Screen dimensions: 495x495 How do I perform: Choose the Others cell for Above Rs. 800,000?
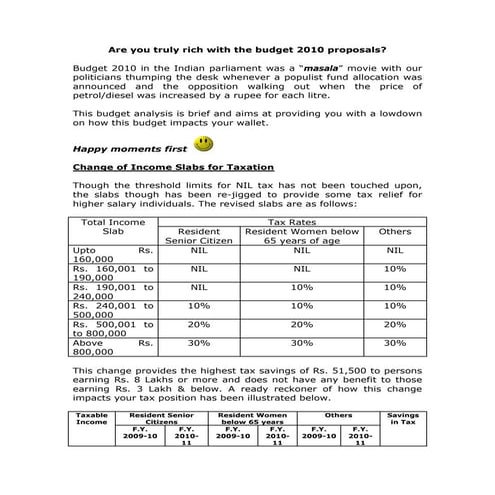[394, 344]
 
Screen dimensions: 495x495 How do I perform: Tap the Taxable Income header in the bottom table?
[92, 417]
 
